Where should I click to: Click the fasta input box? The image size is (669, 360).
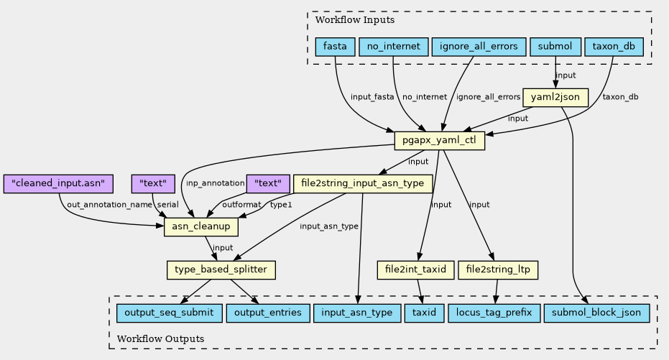point(335,47)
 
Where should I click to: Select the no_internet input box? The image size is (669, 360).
point(393,47)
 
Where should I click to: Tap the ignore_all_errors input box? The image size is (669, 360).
point(479,47)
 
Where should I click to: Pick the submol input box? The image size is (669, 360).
point(555,47)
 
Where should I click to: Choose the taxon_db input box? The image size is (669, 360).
point(614,47)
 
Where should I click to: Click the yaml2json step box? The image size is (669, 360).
point(555,98)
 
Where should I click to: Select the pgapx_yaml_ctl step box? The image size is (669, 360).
point(440,140)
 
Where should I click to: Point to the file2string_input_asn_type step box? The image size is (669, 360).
point(363,183)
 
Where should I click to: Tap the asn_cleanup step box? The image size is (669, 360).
point(201,226)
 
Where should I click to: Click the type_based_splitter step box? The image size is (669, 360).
point(221,270)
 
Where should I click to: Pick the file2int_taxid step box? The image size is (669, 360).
point(415,270)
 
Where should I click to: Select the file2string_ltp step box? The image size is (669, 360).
point(498,270)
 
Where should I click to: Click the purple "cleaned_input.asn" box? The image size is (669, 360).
point(58,183)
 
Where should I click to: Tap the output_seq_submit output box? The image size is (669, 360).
point(170,313)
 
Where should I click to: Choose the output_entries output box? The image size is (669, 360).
point(268,313)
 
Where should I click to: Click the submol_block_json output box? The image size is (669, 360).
point(596,313)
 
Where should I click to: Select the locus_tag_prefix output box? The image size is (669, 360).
point(494,313)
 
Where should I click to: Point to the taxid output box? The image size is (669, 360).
point(424,313)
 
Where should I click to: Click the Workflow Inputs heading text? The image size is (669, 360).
point(355,20)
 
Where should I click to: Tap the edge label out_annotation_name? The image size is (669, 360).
point(110,205)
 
